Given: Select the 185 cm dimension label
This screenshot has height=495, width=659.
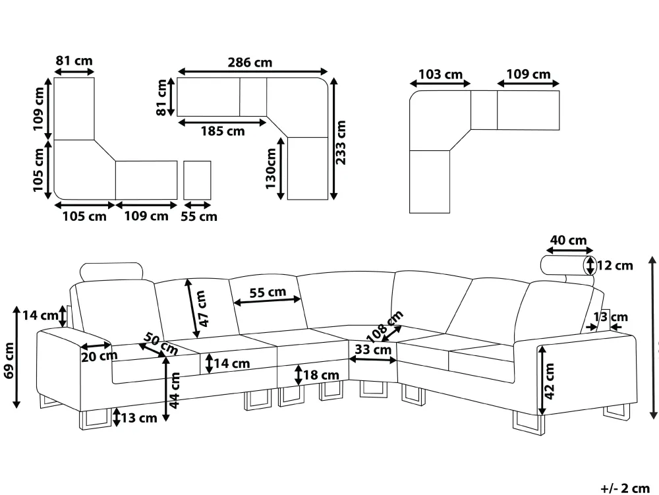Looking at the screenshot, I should (x=222, y=131).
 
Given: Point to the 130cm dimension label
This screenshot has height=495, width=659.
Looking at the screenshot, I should (x=271, y=168).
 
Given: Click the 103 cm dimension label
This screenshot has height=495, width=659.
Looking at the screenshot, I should (x=440, y=74).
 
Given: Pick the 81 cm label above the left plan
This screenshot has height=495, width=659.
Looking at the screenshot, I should (x=74, y=61).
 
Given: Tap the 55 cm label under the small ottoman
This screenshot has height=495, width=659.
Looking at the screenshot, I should (x=198, y=216).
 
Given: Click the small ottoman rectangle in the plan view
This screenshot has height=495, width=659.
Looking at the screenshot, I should (x=197, y=180).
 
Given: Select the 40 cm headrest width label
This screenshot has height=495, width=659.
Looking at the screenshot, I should (x=568, y=241).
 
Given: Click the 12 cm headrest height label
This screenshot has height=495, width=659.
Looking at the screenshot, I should (x=614, y=266).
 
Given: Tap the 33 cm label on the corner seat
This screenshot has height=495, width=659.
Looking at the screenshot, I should (x=372, y=350).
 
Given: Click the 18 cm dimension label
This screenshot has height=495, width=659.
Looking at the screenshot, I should (x=321, y=375).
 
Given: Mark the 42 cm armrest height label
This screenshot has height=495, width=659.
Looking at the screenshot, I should (x=550, y=381).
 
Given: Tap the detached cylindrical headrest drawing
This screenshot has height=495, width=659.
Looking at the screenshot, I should (x=566, y=265).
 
